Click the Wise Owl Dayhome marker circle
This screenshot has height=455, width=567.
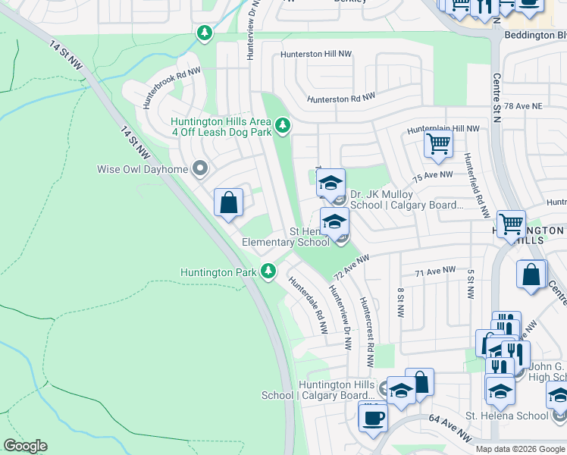pos(200,168)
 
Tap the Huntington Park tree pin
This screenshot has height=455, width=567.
pos(268,271)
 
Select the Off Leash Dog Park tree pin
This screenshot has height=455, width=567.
pos(283,124)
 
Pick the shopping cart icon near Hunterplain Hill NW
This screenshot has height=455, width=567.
pos(438,143)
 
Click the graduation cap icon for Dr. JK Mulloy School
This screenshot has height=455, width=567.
pos(330,183)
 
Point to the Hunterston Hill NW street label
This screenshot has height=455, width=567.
pos(316,55)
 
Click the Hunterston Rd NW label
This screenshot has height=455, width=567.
pos(341,99)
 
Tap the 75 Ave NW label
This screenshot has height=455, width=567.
pos(433,175)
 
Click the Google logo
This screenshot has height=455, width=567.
pos(26,446)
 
